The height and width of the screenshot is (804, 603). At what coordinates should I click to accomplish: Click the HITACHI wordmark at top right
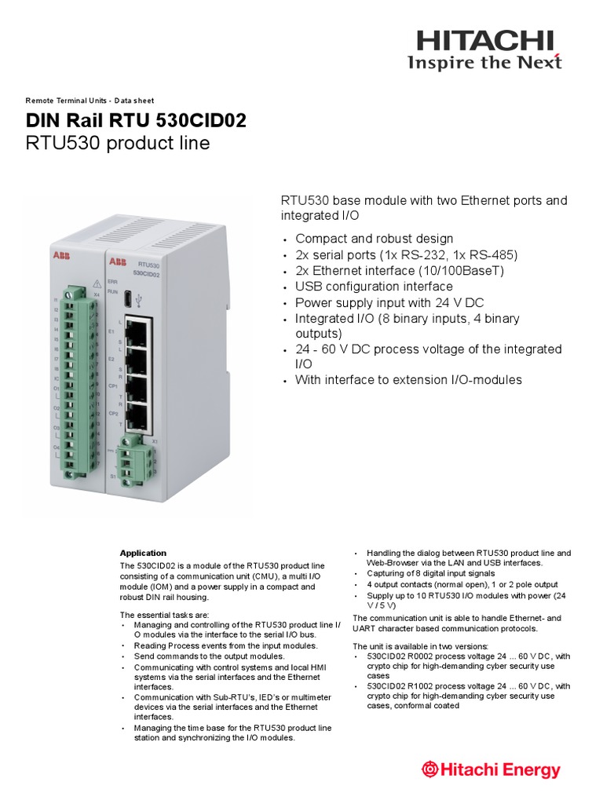pos(484,40)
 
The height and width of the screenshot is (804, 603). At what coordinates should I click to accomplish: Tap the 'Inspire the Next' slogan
pos(484,63)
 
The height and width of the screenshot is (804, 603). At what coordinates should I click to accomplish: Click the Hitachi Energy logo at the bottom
pos(492,769)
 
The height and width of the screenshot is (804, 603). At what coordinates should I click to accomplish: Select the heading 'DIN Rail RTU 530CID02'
pos(136,120)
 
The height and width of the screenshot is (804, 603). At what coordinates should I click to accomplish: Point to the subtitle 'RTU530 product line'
pos(119,144)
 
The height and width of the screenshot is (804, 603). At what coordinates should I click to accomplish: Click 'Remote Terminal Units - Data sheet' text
pos(90,100)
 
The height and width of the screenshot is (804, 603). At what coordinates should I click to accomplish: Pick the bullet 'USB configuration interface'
pos(374,287)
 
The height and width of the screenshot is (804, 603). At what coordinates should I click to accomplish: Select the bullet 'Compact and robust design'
pos(374,239)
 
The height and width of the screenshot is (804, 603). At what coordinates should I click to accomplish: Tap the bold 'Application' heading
pos(143,553)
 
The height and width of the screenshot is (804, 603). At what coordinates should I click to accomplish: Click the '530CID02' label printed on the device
pos(146,274)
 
